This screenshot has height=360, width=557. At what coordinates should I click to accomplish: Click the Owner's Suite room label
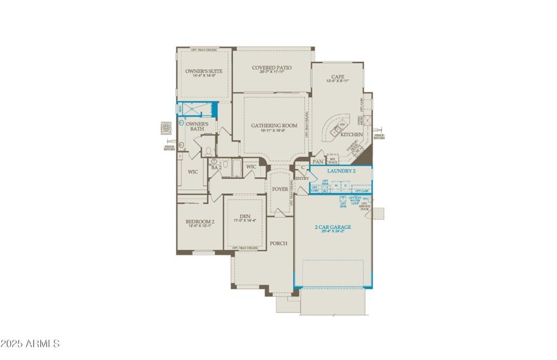[203, 71]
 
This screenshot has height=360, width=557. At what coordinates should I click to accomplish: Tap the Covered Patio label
[272, 68]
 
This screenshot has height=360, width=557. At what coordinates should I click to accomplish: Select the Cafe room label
[337, 76]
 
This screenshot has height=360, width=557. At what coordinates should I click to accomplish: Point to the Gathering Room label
[274, 125]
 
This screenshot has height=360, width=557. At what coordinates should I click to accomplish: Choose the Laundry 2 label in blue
[342, 171]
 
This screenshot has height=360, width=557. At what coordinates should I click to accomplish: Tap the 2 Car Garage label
[333, 227]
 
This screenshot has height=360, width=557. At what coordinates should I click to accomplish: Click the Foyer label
[280, 189]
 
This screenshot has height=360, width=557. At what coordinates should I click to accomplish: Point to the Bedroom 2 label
[200, 221]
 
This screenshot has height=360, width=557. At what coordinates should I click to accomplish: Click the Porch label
[278, 243]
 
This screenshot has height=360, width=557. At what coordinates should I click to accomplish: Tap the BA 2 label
[216, 168]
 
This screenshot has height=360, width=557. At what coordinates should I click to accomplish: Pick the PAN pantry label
[318, 162]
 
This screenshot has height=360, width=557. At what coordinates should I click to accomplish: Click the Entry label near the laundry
[302, 178]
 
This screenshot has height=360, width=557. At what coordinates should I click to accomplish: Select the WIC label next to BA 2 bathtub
[251, 167]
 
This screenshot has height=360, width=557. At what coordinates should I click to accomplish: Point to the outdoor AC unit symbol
[166, 128]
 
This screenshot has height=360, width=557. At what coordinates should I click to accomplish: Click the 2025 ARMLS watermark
[30, 344]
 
